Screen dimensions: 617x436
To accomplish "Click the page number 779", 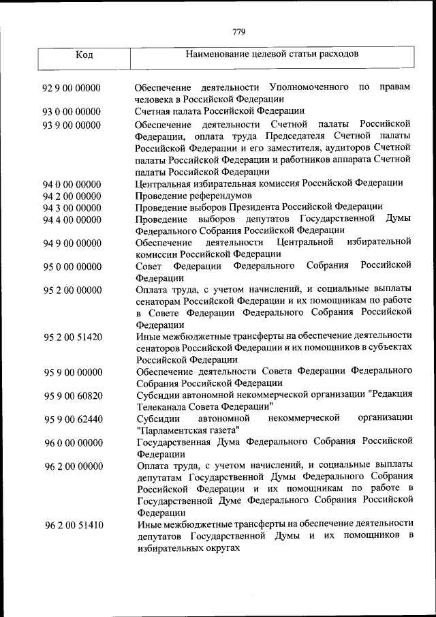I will (238, 31).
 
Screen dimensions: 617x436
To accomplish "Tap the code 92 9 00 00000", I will (72, 87).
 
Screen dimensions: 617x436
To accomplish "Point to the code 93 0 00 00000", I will (72, 111).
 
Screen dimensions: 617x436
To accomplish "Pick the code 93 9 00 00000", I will (72, 124).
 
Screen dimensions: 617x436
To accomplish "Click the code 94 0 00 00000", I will (72, 184).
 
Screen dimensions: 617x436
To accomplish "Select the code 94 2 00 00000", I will (72, 196).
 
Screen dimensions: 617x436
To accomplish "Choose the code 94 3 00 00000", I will (72, 208).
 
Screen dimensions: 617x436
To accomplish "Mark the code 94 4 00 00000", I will (72, 220).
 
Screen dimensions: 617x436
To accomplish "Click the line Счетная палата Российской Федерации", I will (219, 111).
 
